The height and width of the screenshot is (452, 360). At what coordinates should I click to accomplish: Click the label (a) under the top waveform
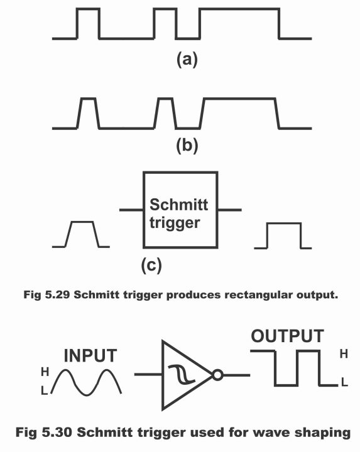pyautogui.click(x=187, y=60)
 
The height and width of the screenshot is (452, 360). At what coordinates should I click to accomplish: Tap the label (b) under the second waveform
pyautogui.click(x=187, y=145)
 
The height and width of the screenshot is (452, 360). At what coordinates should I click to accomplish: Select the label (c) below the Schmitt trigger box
pyautogui.click(x=151, y=265)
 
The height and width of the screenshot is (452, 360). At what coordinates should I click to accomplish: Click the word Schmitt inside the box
pyautogui.click(x=178, y=205)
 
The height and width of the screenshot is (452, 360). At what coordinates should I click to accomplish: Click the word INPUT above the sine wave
pyautogui.click(x=90, y=355)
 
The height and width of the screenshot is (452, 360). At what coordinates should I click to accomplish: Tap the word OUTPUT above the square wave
pyautogui.click(x=288, y=336)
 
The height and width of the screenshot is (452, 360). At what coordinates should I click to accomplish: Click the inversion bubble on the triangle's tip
pyautogui.click(x=218, y=375)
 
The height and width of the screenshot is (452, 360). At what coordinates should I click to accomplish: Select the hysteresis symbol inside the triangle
pyautogui.click(x=182, y=374)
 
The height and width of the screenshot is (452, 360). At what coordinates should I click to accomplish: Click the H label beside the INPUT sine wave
pyautogui.click(x=45, y=372)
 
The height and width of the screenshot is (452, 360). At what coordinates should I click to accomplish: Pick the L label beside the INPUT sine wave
pyautogui.click(x=44, y=390)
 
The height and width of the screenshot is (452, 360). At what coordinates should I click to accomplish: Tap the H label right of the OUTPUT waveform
pyautogui.click(x=344, y=353)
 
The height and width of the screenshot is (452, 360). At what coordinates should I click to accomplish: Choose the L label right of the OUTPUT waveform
pyautogui.click(x=344, y=382)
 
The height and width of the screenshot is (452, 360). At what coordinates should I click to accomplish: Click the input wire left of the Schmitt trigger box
pyautogui.click(x=131, y=210)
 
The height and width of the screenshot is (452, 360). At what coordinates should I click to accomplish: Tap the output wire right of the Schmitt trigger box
pyautogui.click(x=229, y=210)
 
